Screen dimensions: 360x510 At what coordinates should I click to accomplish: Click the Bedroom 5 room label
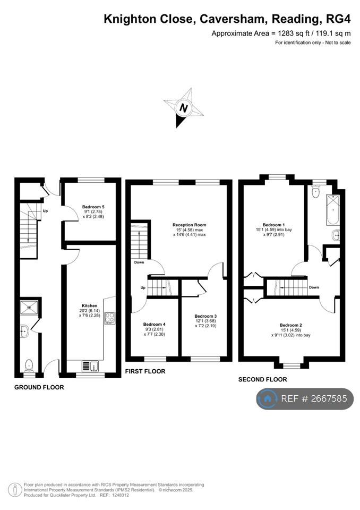(x=93, y=207)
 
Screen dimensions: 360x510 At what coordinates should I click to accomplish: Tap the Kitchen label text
(x=89, y=306)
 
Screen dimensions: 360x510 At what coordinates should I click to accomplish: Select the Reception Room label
(x=189, y=225)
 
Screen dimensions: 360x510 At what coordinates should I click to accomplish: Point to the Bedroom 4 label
(x=155, y=324)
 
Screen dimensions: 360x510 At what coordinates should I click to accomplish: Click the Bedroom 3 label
(x=205, y=316)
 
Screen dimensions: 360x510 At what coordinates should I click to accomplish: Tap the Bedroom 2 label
(x=291, y=325)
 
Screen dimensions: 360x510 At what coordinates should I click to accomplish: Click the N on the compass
(x=184, y=108)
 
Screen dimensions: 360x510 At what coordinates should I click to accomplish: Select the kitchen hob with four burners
(x=109, y=318)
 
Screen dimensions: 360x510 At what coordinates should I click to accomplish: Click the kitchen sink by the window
(x=90, y=367)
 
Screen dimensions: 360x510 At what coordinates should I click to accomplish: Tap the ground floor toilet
(x=29, y=365)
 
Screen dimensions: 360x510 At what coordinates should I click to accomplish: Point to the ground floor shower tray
(x=29, y=308)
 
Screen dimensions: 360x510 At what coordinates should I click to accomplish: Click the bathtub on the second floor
(x=333, y=210)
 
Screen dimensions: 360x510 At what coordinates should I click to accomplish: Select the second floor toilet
(x=315, y=192)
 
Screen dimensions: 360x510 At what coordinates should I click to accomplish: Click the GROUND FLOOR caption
(x=39, y=387)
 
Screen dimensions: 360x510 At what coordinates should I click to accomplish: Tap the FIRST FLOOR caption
(x=145, y=371)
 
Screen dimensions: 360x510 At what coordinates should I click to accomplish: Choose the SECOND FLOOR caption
(x=263, y=379)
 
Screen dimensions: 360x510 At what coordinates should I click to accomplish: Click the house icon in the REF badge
(x=268, y=399)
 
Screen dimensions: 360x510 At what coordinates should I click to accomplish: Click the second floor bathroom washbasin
(x=336, y=234)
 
